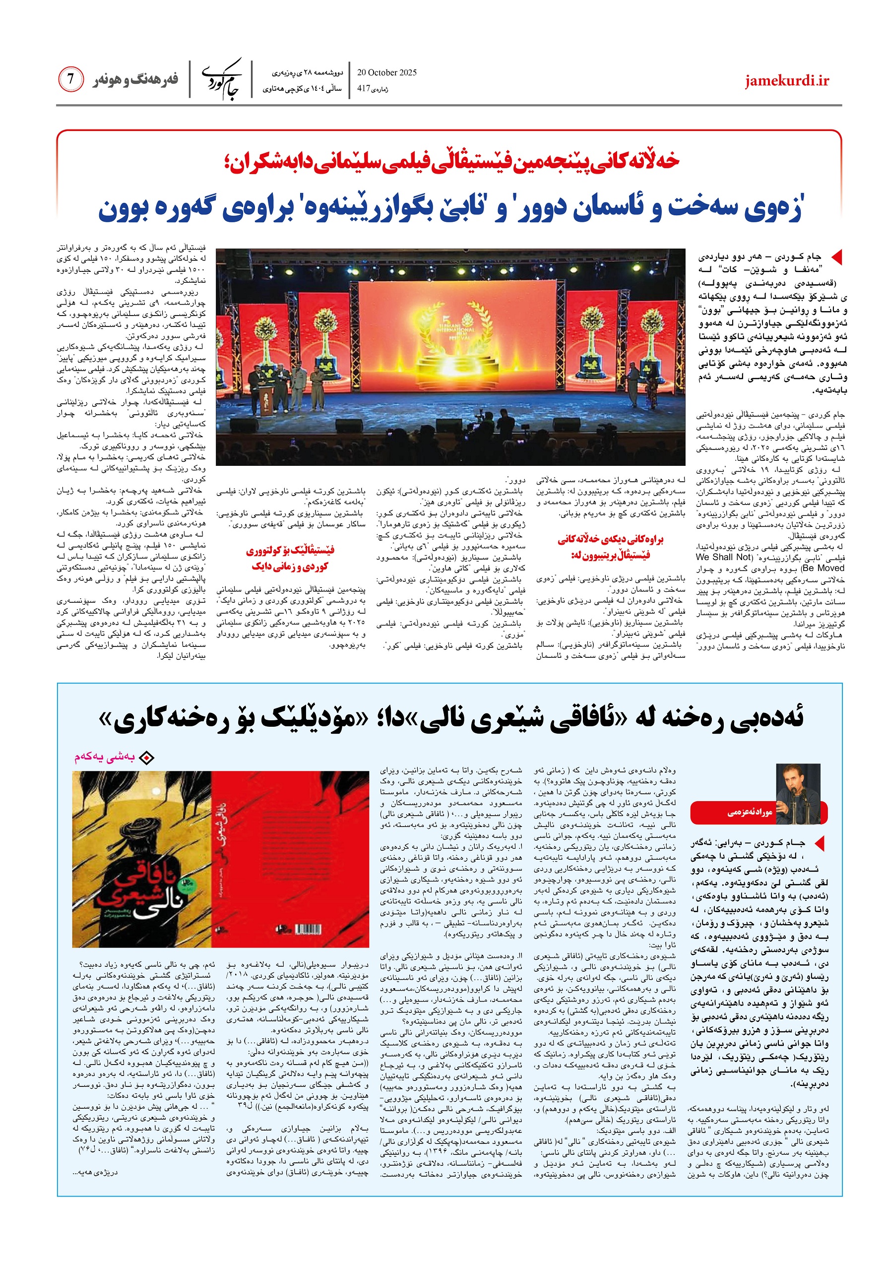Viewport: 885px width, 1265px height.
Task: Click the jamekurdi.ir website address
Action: [x=786, y=81]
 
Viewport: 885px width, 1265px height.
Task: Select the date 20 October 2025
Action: [x=387, y=72]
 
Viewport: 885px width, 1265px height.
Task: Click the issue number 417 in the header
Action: [x=363, y=88]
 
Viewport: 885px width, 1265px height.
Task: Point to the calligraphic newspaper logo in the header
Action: [x=222, y=79]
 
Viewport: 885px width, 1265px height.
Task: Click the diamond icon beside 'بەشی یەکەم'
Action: [x=146, y=758]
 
